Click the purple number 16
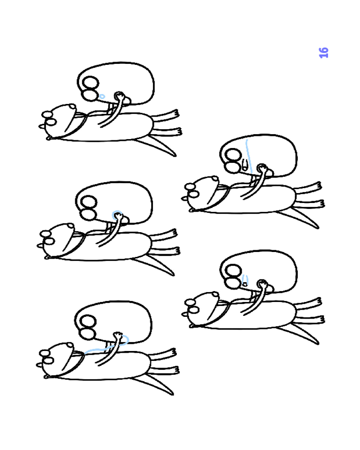tap(324, 53)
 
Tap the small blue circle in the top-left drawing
tap(102, 96)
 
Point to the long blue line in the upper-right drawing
tap(249, 157)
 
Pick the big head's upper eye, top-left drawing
tap(91, 83)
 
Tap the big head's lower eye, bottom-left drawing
tap(87, 333)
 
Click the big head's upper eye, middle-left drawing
tap(89, 202)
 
